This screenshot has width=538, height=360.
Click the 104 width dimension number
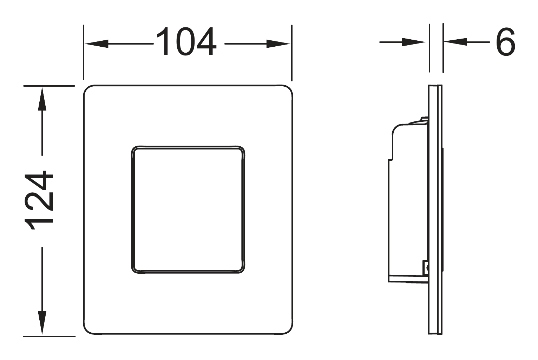point(186,41)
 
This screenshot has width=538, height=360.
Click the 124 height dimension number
point(38,201)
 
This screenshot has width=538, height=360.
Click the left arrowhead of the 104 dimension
point(97,44)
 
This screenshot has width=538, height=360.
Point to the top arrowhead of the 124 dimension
point(42,99)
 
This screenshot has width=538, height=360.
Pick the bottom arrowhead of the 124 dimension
point(42,323)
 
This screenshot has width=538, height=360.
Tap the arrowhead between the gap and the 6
point(455,42)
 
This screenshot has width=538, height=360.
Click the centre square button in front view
point(188,209)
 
